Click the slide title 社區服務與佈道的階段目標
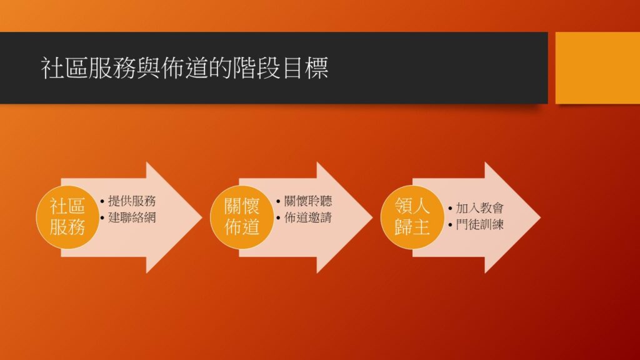(x=184, y=67)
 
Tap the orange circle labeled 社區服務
(x=67, y=217)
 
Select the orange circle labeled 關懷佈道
(x=242, y=217)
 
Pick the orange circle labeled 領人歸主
(x=412, y=217)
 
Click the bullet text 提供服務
(x=132, y=201)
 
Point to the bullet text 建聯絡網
(x=132, y=217)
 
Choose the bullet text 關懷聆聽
(x=308, y=201)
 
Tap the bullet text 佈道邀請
(x=308, y=217)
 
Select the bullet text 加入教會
(x=479, y=208)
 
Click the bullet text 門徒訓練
(x=479, y=224)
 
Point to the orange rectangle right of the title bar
(x=597, y=67)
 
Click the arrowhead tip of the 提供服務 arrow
(x=202, y=217)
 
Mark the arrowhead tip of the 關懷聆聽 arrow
(x=372, y=217)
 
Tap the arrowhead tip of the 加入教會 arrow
(x=541, y=217)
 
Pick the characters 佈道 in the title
(x=184, y=67)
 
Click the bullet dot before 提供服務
(x=102, y=201)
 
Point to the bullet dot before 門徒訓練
(x=450, y=225)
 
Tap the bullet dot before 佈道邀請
(x=278, y=217)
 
